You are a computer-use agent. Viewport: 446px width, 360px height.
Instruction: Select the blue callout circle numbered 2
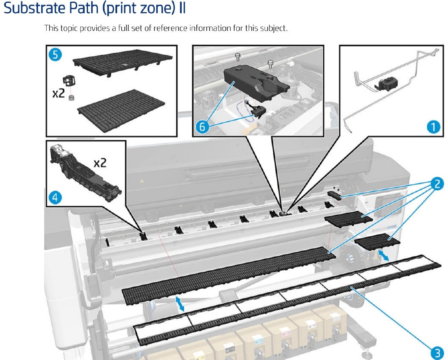[x=437, y=184]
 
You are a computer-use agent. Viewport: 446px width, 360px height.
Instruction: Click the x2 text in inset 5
[x=59, y=93]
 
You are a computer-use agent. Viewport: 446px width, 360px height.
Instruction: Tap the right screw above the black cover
[x=270, y=62]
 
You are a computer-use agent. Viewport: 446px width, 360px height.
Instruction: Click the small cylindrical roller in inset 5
[x=71, y=98]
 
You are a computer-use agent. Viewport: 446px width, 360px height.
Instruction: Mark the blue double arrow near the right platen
[x=384, y=256]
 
